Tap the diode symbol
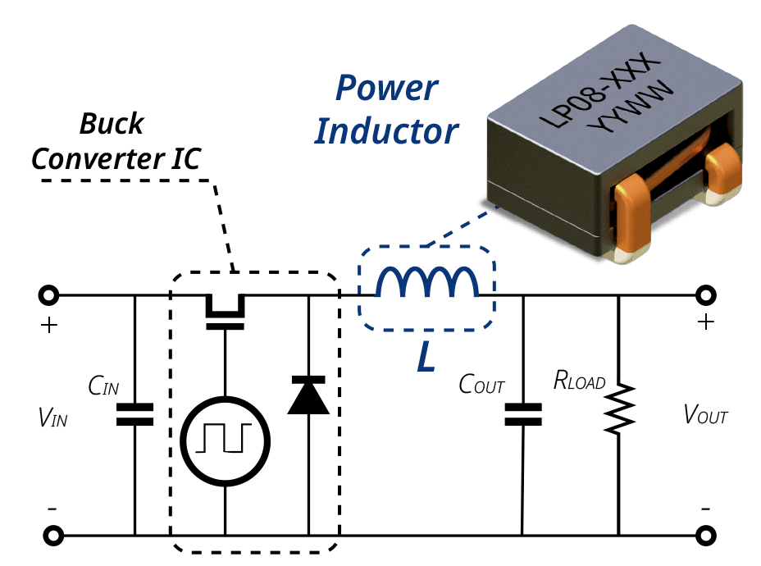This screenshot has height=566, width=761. click(x=308, y=395)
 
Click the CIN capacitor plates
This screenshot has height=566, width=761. click(x=135, y=414)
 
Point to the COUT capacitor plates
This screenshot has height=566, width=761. click(x=523, y=414)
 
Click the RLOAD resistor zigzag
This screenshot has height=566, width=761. click(x=619, y=409)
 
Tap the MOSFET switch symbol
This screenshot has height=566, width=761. click(x=225, y=312)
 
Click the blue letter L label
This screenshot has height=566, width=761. click(x=426, y=357)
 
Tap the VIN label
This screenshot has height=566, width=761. click(x=52, y=417)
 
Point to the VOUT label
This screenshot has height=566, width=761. click(x=705, y=414)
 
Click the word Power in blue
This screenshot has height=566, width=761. click(x=387, y=89)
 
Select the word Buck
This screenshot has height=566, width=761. click(x=112, y=123)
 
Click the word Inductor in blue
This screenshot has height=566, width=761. click(x=386, y=131)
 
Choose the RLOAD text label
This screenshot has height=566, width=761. click(x=580, y=380)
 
